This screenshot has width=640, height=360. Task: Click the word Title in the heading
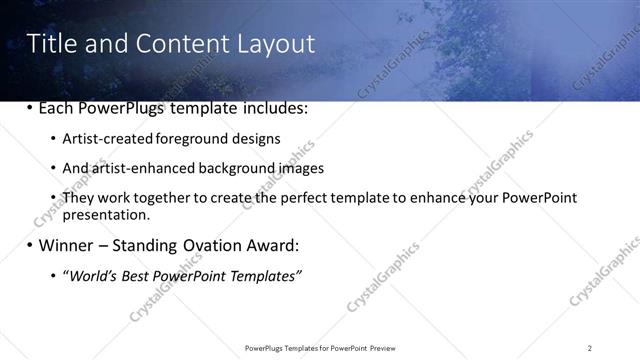(x=49, y=44)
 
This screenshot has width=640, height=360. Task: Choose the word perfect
(x=300, y=198)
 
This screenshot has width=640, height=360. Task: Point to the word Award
(x=276, y=245)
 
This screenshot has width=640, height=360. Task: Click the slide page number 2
(x=590, y=347)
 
